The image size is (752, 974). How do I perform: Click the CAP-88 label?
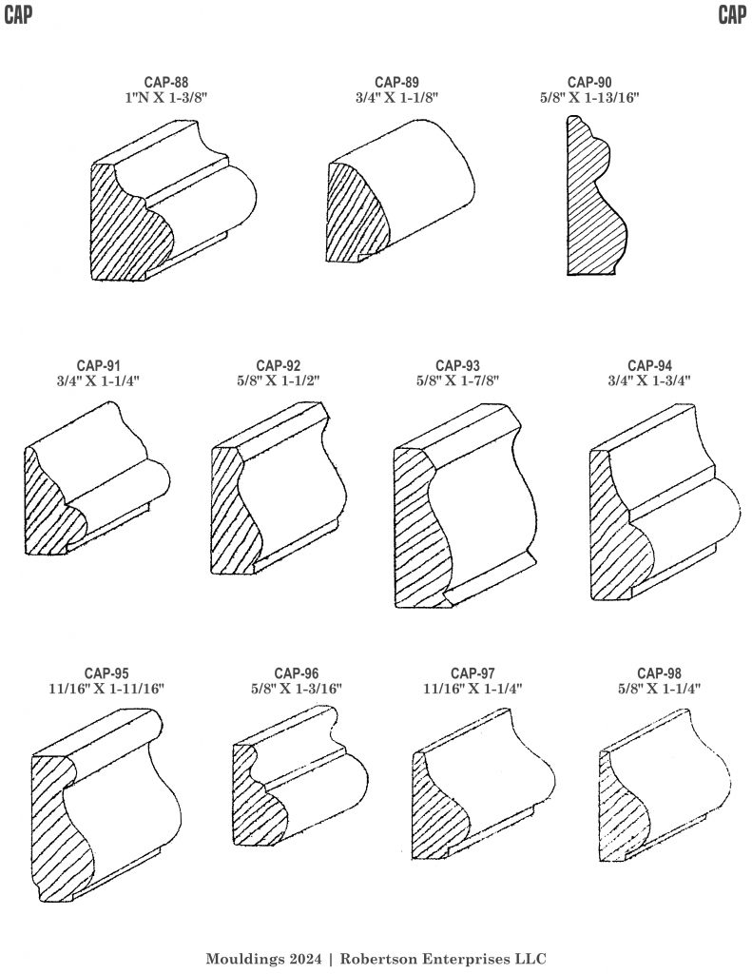click(165, 83)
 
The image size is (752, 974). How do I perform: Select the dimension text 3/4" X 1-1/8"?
click(396, 98)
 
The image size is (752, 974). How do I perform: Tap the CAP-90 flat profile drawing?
click(597, 195)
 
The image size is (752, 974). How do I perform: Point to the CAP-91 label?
click(99, 366)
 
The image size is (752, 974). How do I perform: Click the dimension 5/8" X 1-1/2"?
click(279, 380)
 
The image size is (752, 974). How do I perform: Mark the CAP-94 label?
click(649, 366)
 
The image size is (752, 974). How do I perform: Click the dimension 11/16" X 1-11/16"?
click(106, 689)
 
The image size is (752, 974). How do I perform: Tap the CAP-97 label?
click(472, 673)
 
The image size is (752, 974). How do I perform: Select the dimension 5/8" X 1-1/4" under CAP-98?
click(659, 689)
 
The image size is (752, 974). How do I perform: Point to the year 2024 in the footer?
click(307, 959)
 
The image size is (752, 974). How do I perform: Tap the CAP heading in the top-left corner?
click(18, 15)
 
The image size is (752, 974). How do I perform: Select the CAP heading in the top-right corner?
click(732, 15)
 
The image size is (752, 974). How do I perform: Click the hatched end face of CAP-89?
click(354, 211)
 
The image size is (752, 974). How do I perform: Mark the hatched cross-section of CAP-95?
click(62, 827)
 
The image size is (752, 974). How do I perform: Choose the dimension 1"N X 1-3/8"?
click(165, 98)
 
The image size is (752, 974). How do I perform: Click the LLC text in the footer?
click(530, 959)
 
